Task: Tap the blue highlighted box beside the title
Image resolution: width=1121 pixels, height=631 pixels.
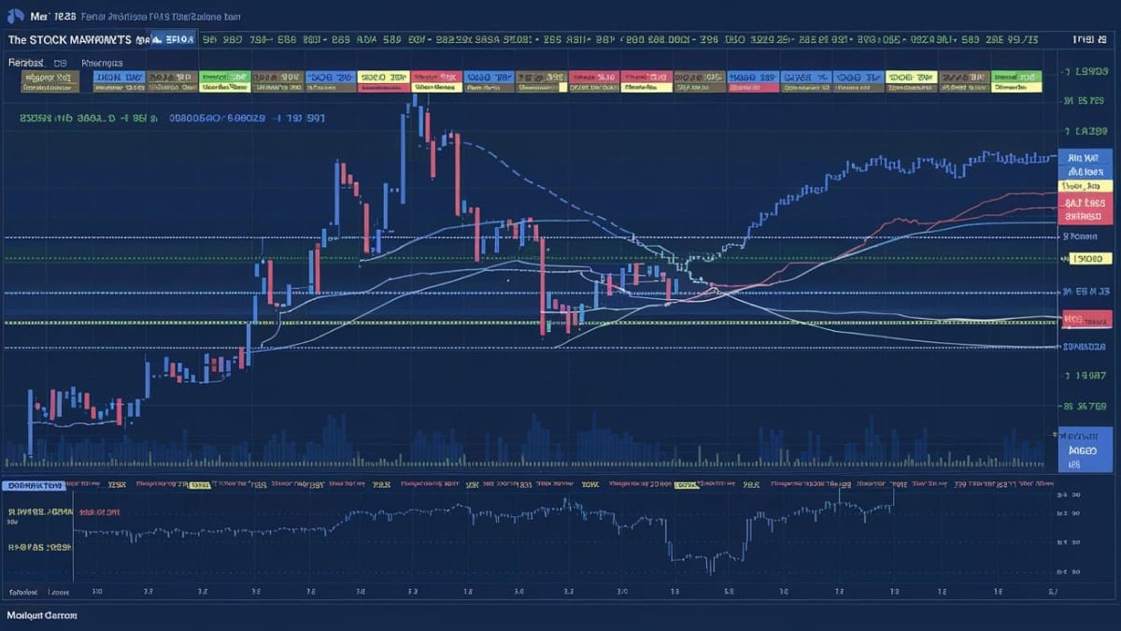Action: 175,39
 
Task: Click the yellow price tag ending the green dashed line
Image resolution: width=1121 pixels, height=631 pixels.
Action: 1086,259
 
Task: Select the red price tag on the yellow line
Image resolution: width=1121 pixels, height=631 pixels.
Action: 1086,320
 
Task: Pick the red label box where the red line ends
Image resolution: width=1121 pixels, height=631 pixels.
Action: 1084,203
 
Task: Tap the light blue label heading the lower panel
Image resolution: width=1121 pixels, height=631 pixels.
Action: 33,485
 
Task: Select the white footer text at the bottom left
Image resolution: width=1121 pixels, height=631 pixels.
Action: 42,615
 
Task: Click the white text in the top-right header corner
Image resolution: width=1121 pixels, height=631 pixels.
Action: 1084,40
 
